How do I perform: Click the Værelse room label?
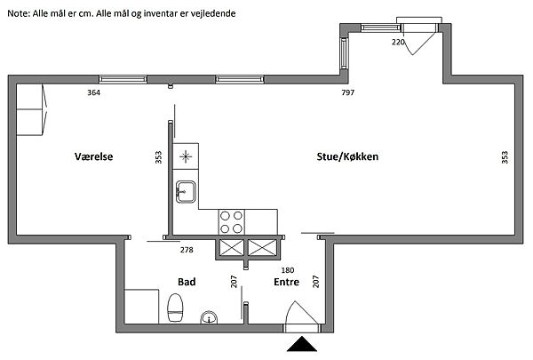coord(94,156)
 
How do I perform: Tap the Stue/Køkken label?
coord(347,156)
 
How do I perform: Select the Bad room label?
coord(187,282)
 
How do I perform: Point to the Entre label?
coord(287,282)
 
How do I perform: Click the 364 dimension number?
coord(94,92)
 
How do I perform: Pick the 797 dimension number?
coord(348,92)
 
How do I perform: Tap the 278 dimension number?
coord(187,250)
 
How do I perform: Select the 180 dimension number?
coord(288,270)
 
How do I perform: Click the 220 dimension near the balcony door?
coord(398,42)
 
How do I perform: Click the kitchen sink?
coord(186,192)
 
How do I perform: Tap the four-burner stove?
coord(231,222)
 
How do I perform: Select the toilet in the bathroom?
coord(175,308)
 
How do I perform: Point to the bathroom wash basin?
coord(209,317)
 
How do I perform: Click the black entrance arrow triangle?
coord(302,344)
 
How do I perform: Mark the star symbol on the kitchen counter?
coord(186,156)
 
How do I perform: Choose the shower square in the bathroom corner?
coord(141,307)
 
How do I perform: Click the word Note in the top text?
coord(19,13)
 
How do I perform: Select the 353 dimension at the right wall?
coord(505,157)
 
